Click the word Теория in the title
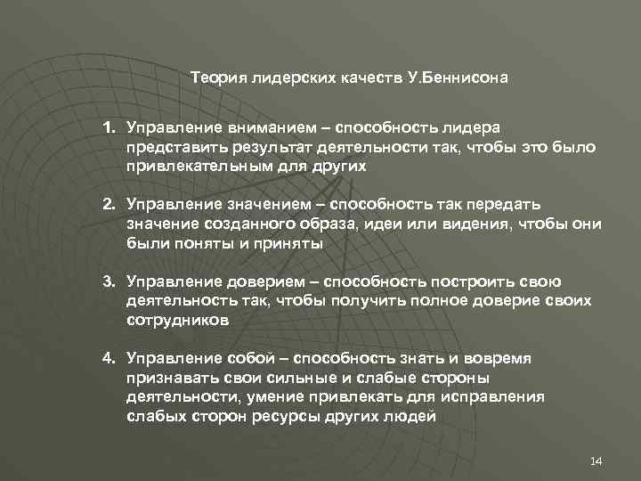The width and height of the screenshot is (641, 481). point(216,77)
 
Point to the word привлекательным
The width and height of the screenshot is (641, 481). point(189,167)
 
